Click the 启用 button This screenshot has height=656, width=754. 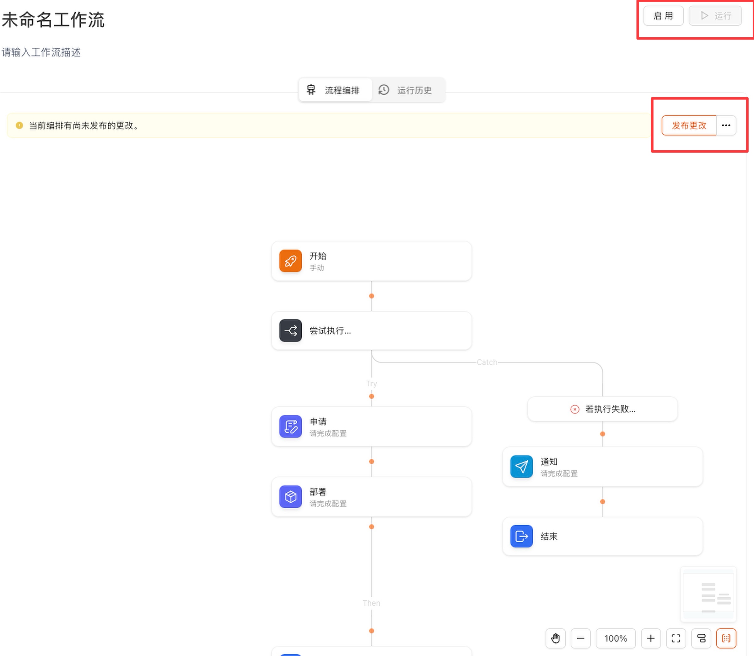coord(663,16)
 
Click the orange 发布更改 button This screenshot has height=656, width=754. coord(689,125)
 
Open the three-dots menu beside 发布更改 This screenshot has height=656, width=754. coord(726,125)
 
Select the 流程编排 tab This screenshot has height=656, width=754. coord(335,90)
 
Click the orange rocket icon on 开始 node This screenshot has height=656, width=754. coord(291,261)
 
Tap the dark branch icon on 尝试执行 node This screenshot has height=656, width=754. coord(291,331)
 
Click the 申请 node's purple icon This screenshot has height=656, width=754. coord(291,426)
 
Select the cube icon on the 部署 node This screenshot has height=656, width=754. coord(291,497)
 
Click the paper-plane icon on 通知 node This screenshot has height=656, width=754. coord(521,467)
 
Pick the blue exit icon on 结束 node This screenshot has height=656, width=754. coord(521,536)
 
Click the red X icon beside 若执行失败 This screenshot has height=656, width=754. coord(574,409)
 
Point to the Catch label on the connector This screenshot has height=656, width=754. coord(487,362)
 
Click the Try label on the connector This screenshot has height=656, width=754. coord(371,383)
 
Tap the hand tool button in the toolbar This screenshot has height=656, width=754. coord(555,638)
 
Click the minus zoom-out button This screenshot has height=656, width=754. coord(581,638)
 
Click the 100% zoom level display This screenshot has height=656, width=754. coord(616,638)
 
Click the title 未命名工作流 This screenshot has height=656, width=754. coord(53,20)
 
